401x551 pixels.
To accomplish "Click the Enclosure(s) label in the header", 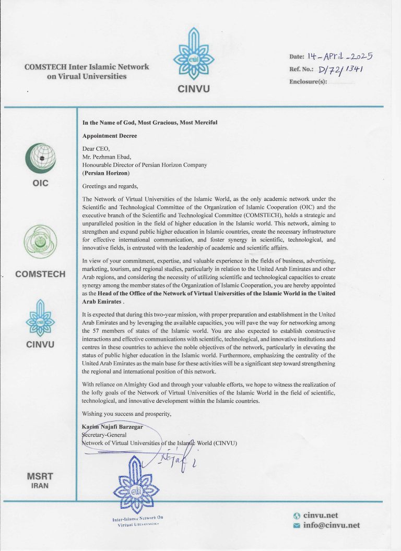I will coord(308,82).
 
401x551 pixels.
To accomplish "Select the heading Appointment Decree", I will coord(110,135).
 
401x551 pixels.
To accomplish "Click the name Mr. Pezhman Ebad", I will coord(108,156).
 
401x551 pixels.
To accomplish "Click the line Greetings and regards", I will coord(111,186).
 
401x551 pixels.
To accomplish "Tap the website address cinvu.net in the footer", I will coord(321,515).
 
